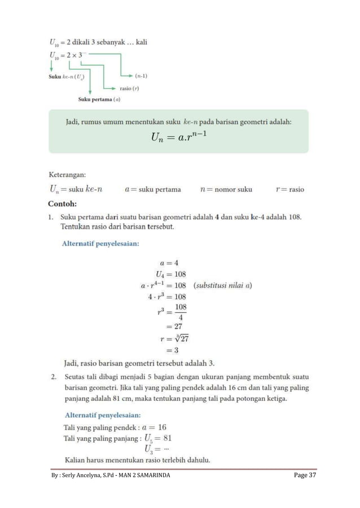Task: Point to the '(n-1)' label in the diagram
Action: [142, 75]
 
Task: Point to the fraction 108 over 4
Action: [180, 312]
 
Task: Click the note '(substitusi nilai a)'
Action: [222, 285]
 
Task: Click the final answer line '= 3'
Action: [172, 350]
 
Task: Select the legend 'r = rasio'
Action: [289, 189]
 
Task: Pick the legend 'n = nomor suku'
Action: [226, 189]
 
